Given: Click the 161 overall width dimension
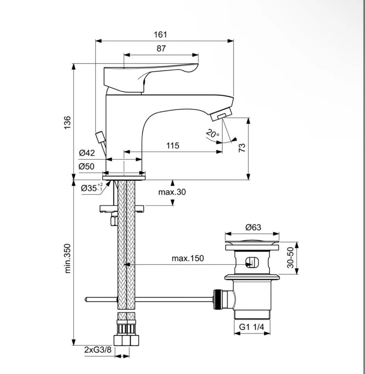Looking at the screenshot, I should [x=160, y=34].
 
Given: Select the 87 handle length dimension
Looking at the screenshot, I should [x=161, y=49].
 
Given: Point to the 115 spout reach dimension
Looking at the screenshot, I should [x=172, y=145].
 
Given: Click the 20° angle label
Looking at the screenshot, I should [x=212, y=134].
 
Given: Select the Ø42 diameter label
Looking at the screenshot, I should [x=86, y=153].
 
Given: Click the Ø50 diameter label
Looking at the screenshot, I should [x=86, y=167].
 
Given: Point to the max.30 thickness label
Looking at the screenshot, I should [x=172, y=192].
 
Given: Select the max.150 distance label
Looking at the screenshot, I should [x=188, y=258].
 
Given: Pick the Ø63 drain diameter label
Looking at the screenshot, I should [x=253, y=227].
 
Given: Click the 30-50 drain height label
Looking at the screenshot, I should [x=290, y=258].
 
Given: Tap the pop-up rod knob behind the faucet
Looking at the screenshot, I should [x=100, y=137].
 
